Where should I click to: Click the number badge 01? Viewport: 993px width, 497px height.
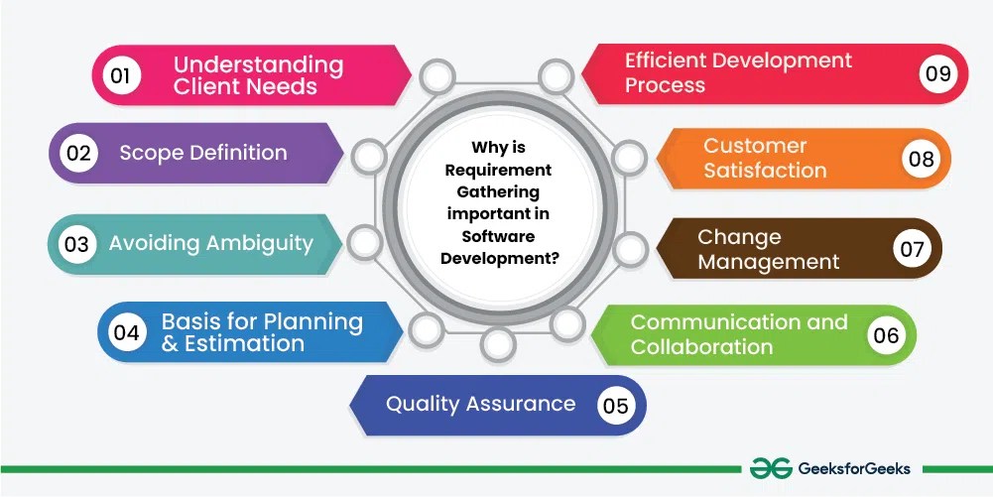click(120, 75)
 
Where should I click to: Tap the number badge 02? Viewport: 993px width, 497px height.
click(77, 154)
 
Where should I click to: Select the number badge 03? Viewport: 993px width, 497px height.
click(76, 244)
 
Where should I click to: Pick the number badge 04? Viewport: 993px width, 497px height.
click(126, 332)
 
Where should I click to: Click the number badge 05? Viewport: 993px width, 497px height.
click(615, 405)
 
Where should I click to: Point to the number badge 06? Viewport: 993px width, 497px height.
click(886, 335)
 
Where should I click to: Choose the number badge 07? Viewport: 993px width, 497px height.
click(912, 248)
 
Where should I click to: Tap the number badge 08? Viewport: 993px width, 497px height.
click(922, 159)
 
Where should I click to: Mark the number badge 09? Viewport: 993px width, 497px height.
click(938, 73)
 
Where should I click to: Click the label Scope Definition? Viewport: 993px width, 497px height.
click(203, 153)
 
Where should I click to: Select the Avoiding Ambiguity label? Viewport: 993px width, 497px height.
click(210, 243)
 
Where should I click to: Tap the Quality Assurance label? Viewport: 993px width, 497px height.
click(480, 404)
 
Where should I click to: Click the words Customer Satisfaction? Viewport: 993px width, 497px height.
click(765, 158)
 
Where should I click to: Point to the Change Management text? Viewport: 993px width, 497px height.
click(769, 249)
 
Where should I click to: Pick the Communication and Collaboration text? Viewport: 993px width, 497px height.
click(739, 334)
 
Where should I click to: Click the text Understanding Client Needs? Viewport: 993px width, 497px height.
click(258, 75)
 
